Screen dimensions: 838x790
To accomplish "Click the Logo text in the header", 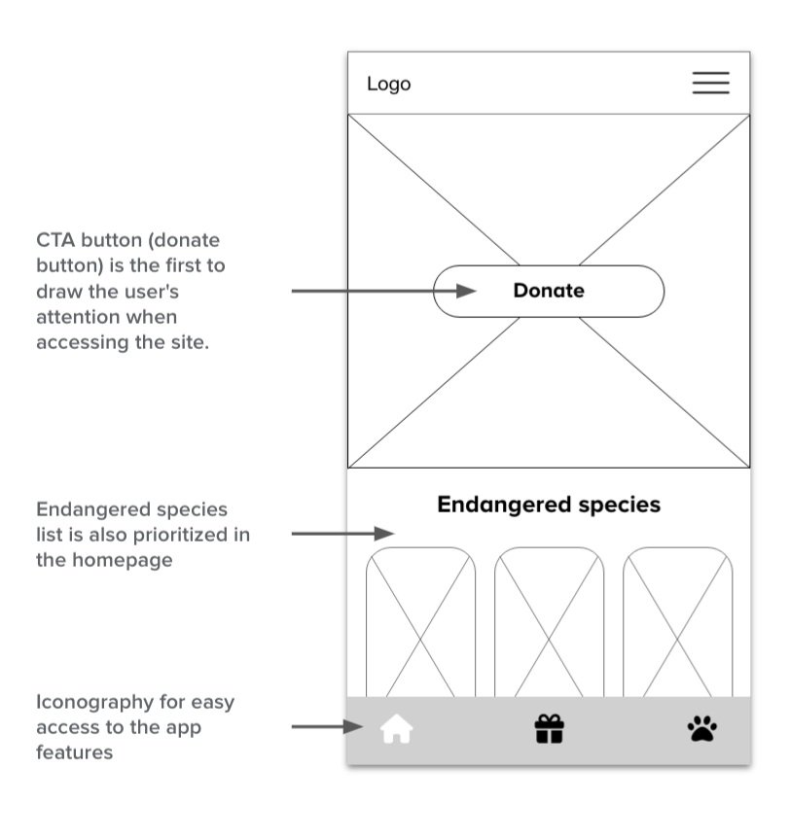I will (x=388, y=85).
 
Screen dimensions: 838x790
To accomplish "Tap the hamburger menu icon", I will (x=710, y=84).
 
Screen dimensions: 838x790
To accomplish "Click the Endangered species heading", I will (x=549, y=505).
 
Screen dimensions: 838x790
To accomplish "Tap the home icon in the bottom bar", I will (x=396, y=729).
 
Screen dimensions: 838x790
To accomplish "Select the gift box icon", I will (x=550, y=729).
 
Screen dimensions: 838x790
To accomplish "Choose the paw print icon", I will (x=701, y=728).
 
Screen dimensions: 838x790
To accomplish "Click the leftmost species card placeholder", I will (x=420, y=622).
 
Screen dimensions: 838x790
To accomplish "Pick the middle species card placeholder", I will (x=549, y=622).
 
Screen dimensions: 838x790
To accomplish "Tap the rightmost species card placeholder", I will (x=677, y=622).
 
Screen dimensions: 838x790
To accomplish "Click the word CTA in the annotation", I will (x=55, y=240).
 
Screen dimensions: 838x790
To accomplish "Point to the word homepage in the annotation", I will (x=121, y=560).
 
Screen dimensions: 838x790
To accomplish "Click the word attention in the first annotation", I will (x=76, y=317).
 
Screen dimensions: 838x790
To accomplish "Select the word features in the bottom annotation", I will (x=74, y=752).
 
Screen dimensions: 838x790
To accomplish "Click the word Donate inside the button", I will (x=549, y=291).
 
